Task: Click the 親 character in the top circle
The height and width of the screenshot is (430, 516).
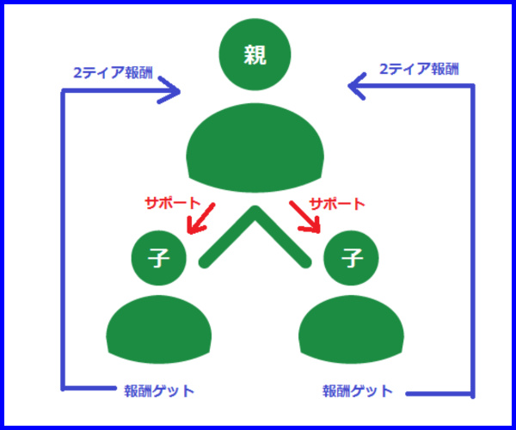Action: (x=255, y=55)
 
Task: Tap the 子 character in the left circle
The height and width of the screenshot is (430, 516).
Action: (x=158, y=258)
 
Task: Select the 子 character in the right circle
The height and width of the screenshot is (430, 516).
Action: (x=351, y=258)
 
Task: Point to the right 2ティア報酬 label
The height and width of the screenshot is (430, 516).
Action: (x=419, y=69)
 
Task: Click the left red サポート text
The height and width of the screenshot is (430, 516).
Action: (x=173, y=203)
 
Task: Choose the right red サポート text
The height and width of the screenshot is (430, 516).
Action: (x=337, y=204)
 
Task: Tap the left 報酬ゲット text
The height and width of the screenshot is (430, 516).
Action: (x=159, y=390)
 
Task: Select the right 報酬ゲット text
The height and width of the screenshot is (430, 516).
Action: (x=358, y=390)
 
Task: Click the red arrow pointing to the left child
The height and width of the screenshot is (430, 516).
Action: (x=200, y=218)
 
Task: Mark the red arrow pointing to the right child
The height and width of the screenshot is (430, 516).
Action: (x=305, y=217)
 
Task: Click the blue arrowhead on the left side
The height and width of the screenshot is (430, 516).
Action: (x=169, y=90)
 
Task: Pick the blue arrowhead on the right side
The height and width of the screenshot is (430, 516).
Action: (x=357, y=86)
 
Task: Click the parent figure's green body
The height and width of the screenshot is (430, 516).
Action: (x=255, y=148)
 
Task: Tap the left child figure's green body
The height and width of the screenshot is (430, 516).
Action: (x=158, y=329)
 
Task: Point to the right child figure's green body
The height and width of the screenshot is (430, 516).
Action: (x=351, y=329)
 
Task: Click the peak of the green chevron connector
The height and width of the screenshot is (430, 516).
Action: (x=255, y=208)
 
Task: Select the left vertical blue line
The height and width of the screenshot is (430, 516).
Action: (x=63, y=240)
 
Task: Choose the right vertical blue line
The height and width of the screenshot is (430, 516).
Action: (x=473, y=241)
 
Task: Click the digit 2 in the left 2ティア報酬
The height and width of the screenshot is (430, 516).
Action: (x=77, y=73)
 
